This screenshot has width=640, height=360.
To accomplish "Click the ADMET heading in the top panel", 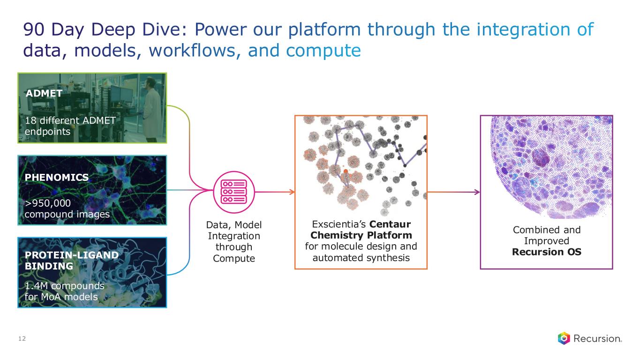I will pyautogui.click(x=44, y=93).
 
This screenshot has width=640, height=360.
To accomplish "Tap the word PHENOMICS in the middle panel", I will pyautogui.click(x=56, y=178).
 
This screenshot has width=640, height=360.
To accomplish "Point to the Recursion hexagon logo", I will pyautogui.click(x=564, y=338).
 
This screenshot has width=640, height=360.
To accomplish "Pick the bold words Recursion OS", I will pyautogui.click(x=546, y=252).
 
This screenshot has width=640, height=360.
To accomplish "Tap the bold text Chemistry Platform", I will pyautogui.click(x=361, y=235).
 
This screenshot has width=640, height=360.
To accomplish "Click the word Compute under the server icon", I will pyautogui.click(x=234, y=258).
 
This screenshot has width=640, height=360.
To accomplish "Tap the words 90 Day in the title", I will pyautogui.click(x=51, y=30).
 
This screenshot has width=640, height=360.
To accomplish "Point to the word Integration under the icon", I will pyautogui.click(x=234, y=236).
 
